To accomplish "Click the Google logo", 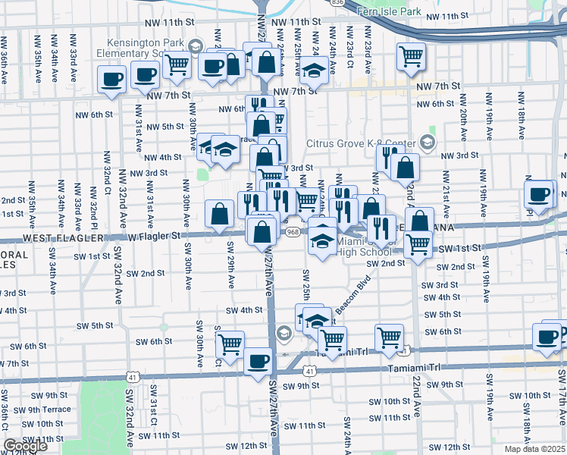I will click(x=25, y=446).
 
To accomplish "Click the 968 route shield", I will click(x=293, y=234).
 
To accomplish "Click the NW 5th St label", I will click(x=165, y=127).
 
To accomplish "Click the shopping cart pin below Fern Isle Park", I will click(x=411, y=55).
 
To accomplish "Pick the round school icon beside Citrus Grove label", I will click(x=428, y=143).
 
